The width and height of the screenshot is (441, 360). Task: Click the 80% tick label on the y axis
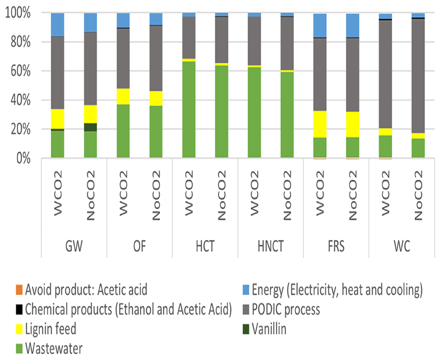21,42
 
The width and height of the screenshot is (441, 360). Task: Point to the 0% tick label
23,159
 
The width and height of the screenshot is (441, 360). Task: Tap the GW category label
74,246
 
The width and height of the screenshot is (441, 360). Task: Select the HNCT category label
271,246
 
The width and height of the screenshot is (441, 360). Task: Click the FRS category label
336,246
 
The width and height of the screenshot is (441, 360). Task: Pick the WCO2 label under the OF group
123,193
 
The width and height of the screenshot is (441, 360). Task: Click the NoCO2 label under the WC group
418,195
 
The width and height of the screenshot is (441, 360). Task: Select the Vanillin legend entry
265,329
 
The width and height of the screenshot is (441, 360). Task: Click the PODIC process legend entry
281,309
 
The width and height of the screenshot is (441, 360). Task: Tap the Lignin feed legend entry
46,329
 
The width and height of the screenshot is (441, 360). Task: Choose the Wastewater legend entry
49,349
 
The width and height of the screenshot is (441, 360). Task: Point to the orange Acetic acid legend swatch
19,290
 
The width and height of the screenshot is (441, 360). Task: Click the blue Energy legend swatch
246,290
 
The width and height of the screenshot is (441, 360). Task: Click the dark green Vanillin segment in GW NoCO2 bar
90,127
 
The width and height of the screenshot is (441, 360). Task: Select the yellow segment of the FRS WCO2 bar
320,124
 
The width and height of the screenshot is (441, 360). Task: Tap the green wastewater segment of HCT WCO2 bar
189,110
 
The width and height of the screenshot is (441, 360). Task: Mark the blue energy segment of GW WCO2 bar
57,25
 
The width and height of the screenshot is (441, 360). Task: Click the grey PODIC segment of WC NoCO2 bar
418,76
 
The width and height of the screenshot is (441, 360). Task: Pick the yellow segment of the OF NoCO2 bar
156,98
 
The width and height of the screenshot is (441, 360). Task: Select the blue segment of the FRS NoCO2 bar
353,25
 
